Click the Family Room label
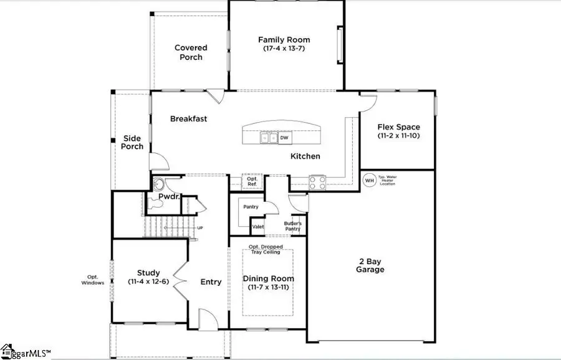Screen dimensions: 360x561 284,40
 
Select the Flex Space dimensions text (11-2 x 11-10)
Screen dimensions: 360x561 399,136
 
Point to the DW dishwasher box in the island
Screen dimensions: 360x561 284,138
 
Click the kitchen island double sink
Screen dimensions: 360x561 269,138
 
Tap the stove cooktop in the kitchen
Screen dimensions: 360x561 317,182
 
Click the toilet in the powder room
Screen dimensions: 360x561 159,184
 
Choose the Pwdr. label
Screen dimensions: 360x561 169,197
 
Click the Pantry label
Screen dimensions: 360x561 251,207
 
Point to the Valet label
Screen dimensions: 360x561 258,227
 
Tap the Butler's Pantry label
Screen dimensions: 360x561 293,226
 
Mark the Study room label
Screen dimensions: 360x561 148,273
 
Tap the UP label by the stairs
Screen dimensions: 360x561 200,228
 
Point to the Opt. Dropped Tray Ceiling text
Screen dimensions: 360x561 267,250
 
